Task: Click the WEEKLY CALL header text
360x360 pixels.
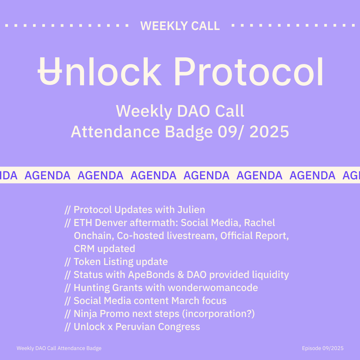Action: (x=180, y=26)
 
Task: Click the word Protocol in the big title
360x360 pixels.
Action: (x=249, y=71)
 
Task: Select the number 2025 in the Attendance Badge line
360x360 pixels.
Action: (x=269, y=132)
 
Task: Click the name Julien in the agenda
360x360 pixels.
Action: (x=191, y=210)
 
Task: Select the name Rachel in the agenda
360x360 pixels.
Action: (x=259, y=223)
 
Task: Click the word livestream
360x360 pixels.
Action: (x=192, y=236)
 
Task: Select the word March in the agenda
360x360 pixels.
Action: (x=185, y=301)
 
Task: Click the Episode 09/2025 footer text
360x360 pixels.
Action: (x=323, y=348)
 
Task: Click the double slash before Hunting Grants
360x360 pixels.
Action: (x=67, y=288)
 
